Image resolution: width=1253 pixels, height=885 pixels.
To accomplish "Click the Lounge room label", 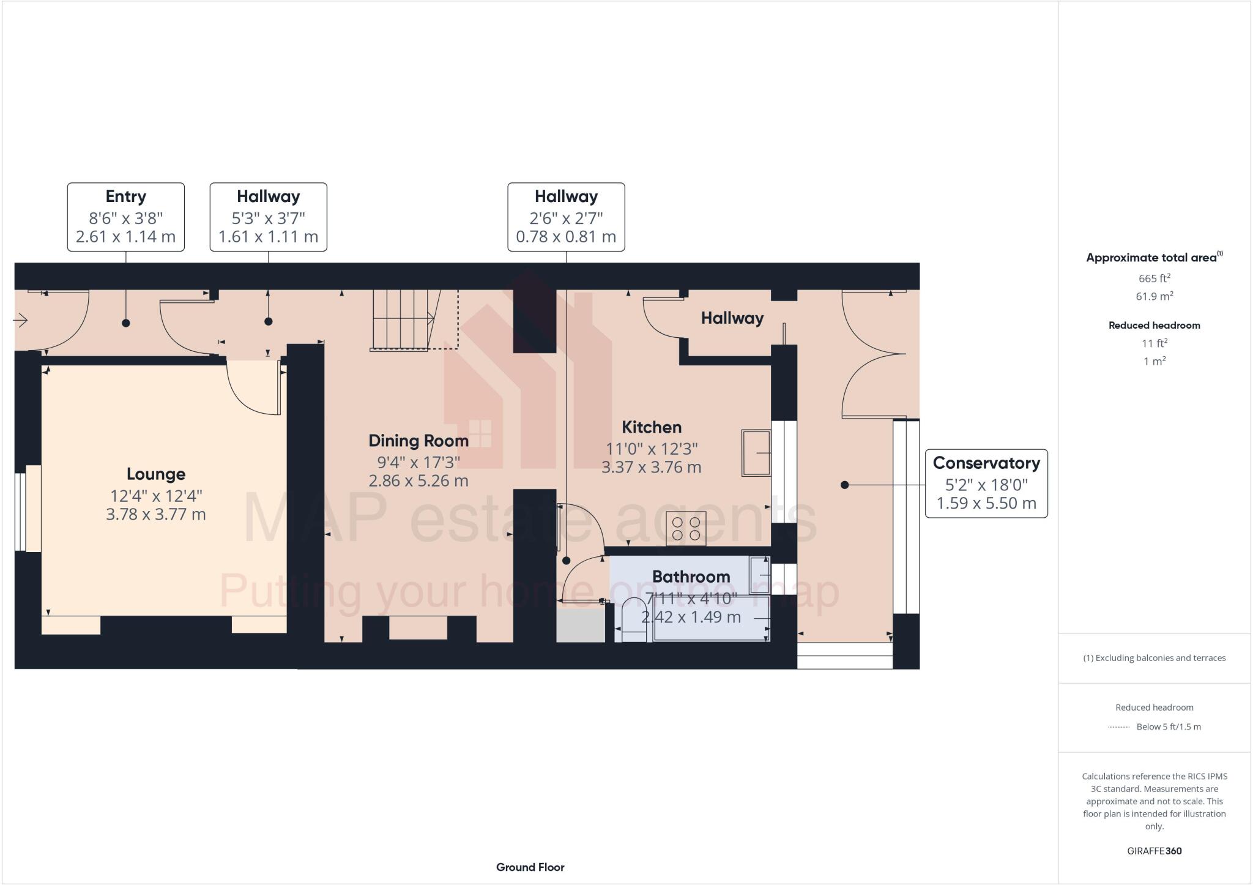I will tap(156, 474).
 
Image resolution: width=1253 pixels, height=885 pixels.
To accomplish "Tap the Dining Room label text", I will tap(418, 441).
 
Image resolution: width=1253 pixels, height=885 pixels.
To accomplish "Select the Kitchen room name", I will tap(652, 427).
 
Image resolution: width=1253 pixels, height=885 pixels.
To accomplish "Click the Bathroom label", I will tap(691, 577).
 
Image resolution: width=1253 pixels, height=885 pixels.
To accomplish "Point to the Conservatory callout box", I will tap(986, 484).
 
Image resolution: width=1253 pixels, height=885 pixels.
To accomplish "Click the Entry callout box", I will tap(125, 217).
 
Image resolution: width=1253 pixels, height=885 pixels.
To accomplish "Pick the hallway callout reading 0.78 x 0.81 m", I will tap(566, 217).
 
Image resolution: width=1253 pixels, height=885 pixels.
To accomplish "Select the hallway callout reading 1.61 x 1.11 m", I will tap(268, 217).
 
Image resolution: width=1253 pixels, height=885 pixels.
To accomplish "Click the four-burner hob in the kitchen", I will tap(686, 528).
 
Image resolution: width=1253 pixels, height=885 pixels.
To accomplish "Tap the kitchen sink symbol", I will tap(756, 453).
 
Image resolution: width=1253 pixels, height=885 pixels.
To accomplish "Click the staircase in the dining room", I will tap(404, 319).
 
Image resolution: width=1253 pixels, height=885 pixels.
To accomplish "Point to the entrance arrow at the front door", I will tap(21, 320).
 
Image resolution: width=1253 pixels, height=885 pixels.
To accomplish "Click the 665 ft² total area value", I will tap(1154, 278).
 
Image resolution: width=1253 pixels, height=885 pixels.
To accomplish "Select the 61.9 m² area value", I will tap(1154, 297).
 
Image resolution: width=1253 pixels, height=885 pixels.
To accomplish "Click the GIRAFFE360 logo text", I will tap(1154, 851).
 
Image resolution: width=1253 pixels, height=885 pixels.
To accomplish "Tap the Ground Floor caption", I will tap(530, 867).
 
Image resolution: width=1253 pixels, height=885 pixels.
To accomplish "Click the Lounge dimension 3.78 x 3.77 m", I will tap(156, 514).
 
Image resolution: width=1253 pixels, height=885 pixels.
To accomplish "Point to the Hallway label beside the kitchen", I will tap(732, 318).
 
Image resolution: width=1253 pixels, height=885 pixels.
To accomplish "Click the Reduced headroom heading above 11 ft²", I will tap(1154, 326).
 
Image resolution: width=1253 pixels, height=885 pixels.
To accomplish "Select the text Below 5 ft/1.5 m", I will tap(1168, 727).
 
